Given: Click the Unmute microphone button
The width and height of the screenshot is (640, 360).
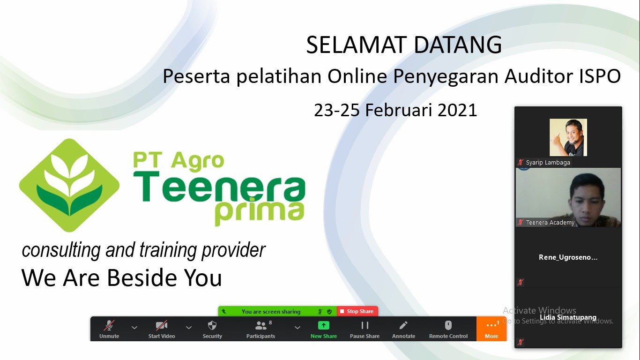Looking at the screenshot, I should (x=109, y=329).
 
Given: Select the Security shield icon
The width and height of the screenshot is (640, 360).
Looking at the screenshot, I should (x=212, y=329).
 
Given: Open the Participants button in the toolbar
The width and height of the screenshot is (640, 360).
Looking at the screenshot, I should (x=260, y=329).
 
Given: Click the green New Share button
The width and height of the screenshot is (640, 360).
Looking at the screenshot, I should (x=323, y=329).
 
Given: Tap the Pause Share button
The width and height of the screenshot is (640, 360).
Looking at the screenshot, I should (x=365, y=329).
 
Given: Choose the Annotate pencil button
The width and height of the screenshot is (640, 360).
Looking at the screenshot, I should (x=403, y=329).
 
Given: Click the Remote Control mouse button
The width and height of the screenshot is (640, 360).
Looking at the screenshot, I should (x=448, y=329).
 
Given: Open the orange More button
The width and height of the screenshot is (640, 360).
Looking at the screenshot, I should (x=491, y=329).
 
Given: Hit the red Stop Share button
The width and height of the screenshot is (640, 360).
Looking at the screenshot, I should (x=357, y=311).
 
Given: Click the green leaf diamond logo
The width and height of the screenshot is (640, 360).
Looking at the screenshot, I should (x=69, y=185).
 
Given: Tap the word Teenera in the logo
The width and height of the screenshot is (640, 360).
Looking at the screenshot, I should (x=219, y=187).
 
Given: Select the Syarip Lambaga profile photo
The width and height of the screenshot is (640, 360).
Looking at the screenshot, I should (x=568, y=137).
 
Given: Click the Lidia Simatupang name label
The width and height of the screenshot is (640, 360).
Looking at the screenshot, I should (x=568, y=317).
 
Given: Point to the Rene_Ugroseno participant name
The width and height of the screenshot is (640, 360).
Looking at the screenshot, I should (x=568, y=257).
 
